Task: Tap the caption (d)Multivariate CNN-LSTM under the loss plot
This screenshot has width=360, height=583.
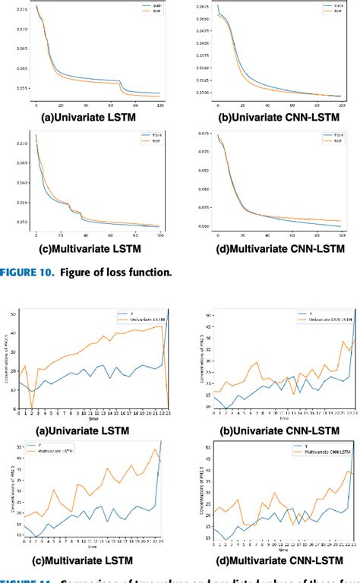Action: (x=276, y=247)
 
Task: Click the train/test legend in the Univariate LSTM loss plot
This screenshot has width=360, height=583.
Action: (x=152, y=9)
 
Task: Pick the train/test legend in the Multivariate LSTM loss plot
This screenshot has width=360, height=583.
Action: (x=152, y=138)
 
